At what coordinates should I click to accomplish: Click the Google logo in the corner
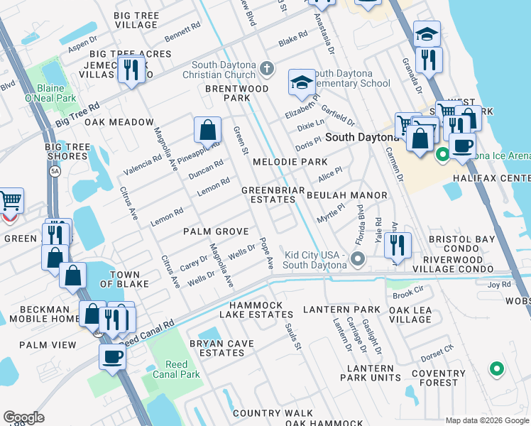tap(23, 417)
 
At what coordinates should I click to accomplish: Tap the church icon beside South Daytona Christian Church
tap(267, 69)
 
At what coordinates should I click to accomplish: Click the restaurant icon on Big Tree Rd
tap(131, 70)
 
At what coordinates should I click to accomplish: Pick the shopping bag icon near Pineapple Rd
tap(207, 130)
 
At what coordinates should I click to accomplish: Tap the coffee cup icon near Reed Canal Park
tap(112, 356)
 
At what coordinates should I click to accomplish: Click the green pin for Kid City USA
tap(358, 260)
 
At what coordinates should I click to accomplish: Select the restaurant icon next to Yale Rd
tap(398, 244)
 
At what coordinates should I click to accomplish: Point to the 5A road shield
tap(55, 171)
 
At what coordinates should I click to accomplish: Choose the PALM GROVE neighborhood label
tap(216, 231)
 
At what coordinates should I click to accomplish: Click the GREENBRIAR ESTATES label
tap(273, 195)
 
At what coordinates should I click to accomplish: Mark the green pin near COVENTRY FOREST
tap(496, 368)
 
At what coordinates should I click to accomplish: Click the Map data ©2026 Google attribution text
tap(486, 420)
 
